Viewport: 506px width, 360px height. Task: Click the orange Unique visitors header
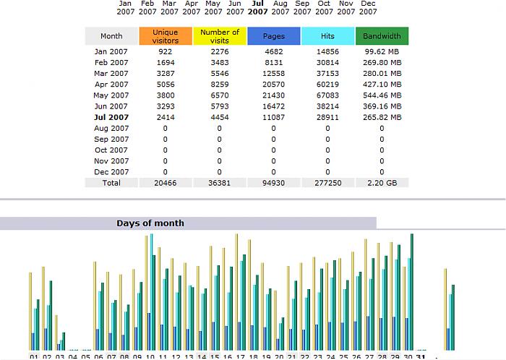pos(166,36)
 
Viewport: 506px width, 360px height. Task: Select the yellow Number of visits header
pos(220,36)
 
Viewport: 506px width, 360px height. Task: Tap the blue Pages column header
pos(273,36)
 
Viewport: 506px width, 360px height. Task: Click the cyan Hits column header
pos(327,36)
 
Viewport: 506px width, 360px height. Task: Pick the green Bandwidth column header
pos(382,36)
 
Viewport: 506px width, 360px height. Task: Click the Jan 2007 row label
pos(111,52)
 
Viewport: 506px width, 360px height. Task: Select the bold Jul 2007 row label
pos(111,117)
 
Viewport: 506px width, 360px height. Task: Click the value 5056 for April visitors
pos(166,85)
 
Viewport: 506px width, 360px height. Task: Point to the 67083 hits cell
pos(327,95)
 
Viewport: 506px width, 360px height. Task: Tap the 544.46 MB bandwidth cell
pos(382,95)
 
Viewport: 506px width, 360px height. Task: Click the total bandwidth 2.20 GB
pos(382,183)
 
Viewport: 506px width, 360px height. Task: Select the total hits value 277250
pos(327,183)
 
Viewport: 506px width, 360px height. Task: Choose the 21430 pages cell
pos(273,95)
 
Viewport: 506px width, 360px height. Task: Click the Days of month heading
pos(150,223)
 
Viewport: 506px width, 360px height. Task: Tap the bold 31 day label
pos(421,356)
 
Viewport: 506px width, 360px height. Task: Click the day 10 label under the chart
pos(150,356)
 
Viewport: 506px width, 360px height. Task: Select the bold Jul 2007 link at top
pos(258,7)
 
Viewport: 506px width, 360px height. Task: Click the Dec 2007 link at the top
pos(369,7)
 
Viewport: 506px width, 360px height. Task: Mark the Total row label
pos(111,183)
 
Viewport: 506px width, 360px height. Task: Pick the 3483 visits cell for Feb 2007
pos(220,63)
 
